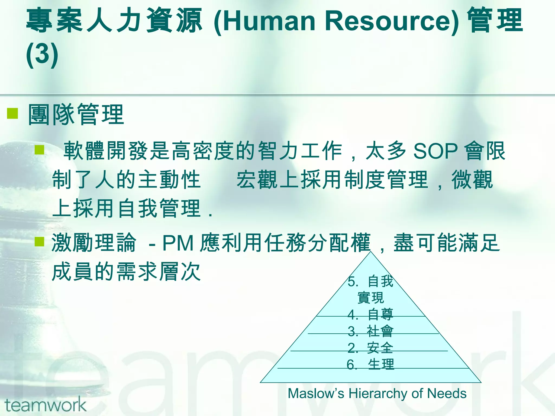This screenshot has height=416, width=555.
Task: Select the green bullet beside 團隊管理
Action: (12, 114)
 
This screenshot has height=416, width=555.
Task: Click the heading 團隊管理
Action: (76, 115)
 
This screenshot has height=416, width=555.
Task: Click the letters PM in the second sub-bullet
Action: (178, 243)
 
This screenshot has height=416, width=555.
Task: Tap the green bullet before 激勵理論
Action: (39, 242)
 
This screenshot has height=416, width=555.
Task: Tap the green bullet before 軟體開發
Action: (39, 150)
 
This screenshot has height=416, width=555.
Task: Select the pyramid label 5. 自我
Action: (370, 281)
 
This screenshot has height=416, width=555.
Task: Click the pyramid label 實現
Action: (370, 298)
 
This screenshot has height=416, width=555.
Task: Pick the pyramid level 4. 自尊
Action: (370, 314)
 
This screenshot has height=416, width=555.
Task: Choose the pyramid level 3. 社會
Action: (370, 331)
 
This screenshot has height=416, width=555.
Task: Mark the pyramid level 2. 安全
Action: (370, 348)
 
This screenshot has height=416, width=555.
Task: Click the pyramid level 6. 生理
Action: (370, 365)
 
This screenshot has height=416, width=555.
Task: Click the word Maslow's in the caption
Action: (316, 394)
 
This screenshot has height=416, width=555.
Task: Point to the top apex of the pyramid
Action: (371, 252)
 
